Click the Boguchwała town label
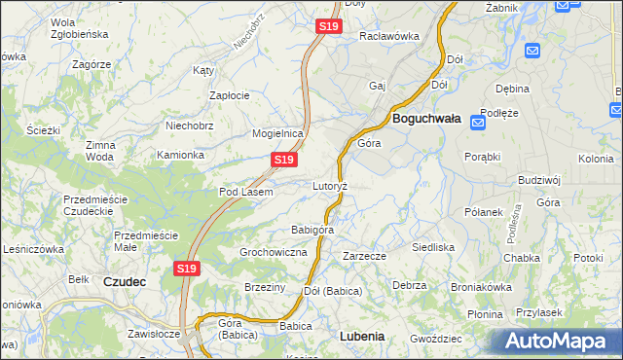coord(425,119)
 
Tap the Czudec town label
coord(125,281)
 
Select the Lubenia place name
coord(362,336)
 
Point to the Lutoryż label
coord(330,185)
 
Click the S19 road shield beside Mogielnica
coord(283,160)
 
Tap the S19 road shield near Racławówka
coord(328,27)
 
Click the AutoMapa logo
coord(558,342)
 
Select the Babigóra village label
coord(312,230)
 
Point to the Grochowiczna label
coord(274,252)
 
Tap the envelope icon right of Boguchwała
coord(478,123)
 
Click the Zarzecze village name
coord(365,256)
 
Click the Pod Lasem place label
coord(245,192)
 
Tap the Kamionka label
coord(180,155)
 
